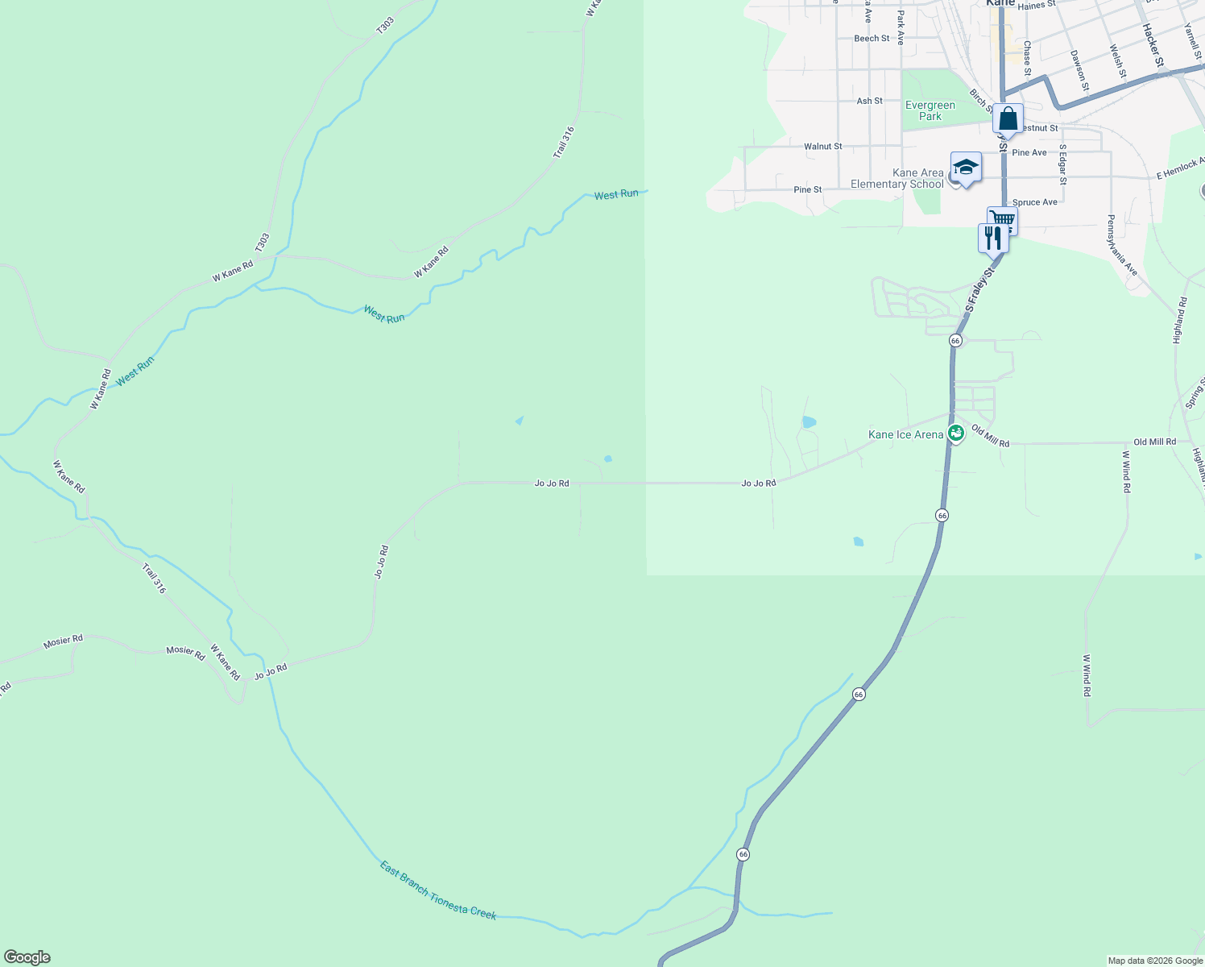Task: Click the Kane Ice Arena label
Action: click(905, 435)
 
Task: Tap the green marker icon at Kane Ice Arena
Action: click(955, 434)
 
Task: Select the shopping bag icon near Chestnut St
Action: click(1008, 120)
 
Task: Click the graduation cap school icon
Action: click(966, 168)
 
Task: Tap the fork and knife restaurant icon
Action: click(992, 239)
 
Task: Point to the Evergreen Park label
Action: click(930, 110)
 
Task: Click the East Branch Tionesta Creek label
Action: click(437, 890)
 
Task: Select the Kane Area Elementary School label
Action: click(897, 178)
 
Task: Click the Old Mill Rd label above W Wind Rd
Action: click(1154, 442)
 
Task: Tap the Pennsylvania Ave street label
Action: click(1121, 246)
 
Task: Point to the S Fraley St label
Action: click(980, 289)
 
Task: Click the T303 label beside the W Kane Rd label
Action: click(262, 243)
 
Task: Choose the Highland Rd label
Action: click(1180, 321)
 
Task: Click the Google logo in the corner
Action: click(27, 957)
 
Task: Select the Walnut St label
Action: click(822, 147)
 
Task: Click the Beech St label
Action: click(872, 39)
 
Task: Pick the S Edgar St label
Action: click(1063, 164)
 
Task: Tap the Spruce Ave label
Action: click(1034, 202)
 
